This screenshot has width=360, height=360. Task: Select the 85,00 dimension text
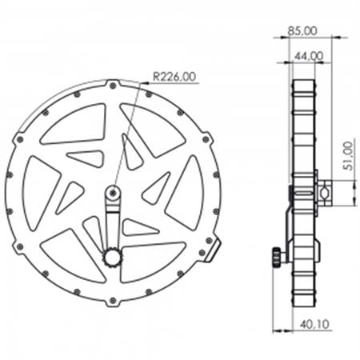(302, 30)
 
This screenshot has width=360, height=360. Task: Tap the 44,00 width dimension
(308, 55)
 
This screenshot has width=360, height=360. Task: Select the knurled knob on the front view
(112, 257)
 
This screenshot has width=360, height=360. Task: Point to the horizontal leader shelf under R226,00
(173, 83)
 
